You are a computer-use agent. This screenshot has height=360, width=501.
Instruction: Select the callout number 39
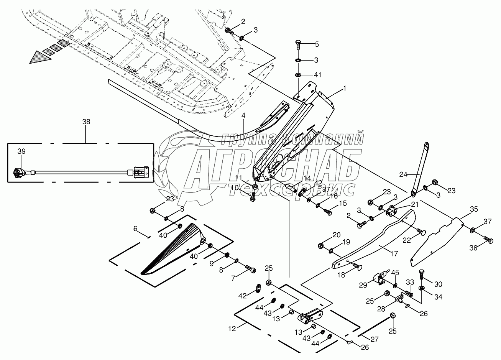(x=22, y=152)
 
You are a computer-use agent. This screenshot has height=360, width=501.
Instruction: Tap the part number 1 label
(x=345, y=89)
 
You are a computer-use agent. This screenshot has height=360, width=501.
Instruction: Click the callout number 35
(x=474, y=209)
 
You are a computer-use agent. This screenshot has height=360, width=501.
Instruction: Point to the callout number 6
(x=135, y=228)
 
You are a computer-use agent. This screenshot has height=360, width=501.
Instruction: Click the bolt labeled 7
(x=250, y=269)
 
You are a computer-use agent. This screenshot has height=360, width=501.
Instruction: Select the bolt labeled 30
(x=422, y=274)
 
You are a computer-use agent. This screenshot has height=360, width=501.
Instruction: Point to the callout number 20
(x=336, y=235)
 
